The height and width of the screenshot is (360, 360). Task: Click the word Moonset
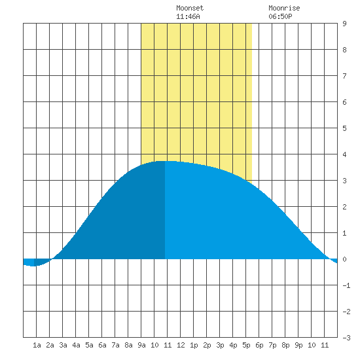(190, 8)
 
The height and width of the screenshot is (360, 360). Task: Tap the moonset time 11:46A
(188, 16)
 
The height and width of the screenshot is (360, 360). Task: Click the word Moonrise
(284, 8)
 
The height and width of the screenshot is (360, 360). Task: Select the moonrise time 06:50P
(280, 16)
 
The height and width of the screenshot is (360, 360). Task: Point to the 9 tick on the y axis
(344, 24)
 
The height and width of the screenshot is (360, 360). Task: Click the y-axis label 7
(344, 76)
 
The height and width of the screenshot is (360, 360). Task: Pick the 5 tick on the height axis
(344, 128)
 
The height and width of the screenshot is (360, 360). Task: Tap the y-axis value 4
(344, 154)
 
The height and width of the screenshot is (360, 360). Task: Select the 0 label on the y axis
(344, 259)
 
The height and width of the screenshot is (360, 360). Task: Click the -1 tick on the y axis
(346, 285)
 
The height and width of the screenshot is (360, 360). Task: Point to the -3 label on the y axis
(346, 338)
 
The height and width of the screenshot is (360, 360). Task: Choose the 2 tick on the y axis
(344, 207)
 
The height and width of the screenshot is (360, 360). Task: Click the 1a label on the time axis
(37, 345)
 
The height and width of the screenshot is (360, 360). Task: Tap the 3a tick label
(63, 345)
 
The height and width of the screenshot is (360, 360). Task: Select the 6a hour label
(102, 345)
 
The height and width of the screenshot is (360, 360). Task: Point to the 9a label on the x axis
(141, 345)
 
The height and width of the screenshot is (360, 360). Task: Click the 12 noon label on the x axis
(181, 345)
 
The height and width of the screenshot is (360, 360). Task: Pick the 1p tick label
(194, 345)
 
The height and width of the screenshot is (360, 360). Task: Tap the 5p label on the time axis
(246, 345)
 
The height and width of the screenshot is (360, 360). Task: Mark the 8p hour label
(285, 345)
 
